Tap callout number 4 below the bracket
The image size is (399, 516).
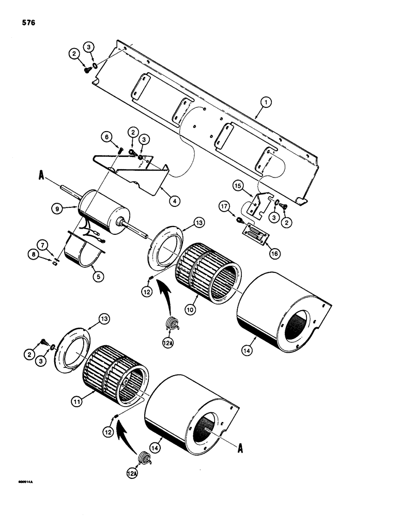pyautogui.click(x=161, y=202)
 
